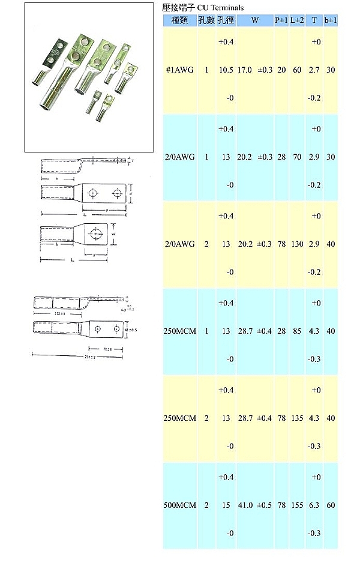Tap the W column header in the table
click(x=255, y=20)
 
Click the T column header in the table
click(x=314, y=20)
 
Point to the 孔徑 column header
click(x=226, y=20)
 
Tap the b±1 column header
click(x=331, y=20)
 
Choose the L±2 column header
click(x=297, y=20)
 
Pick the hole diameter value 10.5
click(x=226, y=70)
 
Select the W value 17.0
click(x=245, y=70)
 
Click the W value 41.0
click(x=245, y=505)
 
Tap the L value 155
click(x=297, y=505)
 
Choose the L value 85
click(x=297, y=331)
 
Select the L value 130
click(x=297, y=244)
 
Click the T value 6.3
click(x=314, y=505)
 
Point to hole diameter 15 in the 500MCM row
click(x=226, y=505)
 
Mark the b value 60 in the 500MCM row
click(x=331, y=505)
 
